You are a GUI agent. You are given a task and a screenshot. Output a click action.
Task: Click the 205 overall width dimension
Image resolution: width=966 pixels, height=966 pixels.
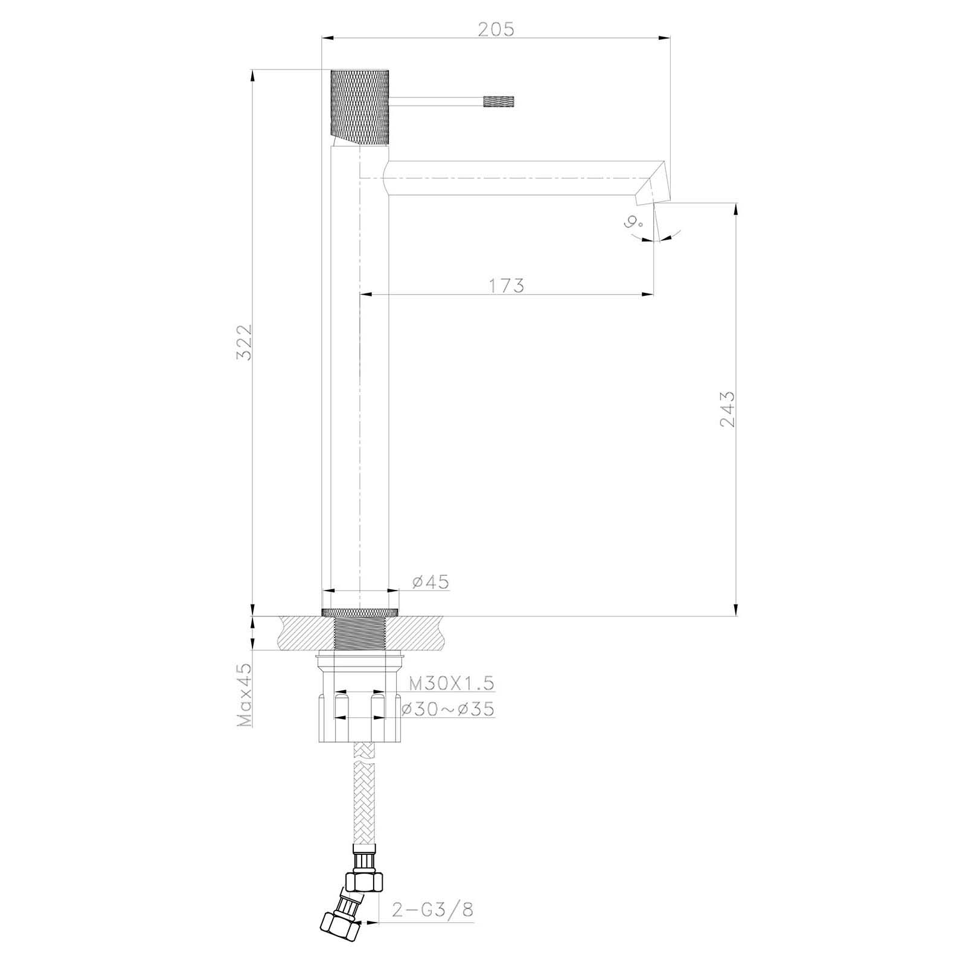click(496, 28)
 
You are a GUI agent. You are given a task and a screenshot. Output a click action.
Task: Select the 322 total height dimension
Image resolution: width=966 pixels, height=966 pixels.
click(244, 342)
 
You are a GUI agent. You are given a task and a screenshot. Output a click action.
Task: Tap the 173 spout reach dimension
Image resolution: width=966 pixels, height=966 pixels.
click(507, 285)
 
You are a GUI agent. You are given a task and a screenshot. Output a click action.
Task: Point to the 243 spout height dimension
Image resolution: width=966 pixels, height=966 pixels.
click(728, 409)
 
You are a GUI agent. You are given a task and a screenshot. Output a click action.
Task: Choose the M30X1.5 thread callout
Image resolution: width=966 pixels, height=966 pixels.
click(452, 683)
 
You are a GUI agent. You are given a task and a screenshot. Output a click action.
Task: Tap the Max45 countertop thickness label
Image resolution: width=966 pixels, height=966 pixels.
click(245, 696)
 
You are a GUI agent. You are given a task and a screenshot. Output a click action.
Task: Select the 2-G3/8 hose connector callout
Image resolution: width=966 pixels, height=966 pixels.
click(432, 893)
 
